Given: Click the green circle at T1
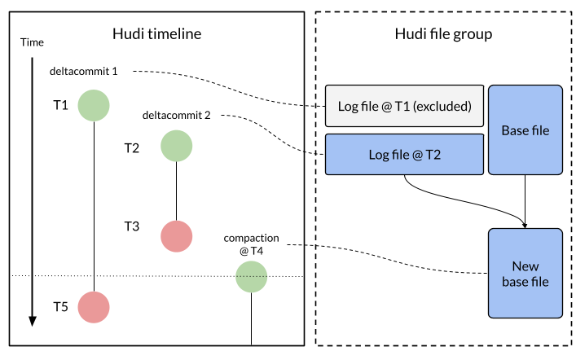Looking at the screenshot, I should (x=94, y=105).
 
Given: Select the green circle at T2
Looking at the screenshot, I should (x=176, y=147).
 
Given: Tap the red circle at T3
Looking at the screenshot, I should (x=176, y=235).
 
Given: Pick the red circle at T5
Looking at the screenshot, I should (x=94, y=307).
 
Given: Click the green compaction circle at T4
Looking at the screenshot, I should (x=252, y=277).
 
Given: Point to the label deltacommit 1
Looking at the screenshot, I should (x=84, y=71).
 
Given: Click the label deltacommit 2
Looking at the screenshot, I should (x=176, y=115).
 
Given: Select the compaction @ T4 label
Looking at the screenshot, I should (x=252, y=244).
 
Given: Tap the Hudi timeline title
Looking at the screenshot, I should (x=156, y=34).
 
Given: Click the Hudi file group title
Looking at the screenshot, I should (x=442, y=34).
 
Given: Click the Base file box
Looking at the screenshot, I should (x=525, y=130).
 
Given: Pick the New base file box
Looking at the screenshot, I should (x=525, y=274).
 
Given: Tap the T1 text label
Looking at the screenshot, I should (x=60, y=105).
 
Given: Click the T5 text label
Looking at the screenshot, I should (x=60, y=307).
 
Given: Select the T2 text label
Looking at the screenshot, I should (x=131, y=147).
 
